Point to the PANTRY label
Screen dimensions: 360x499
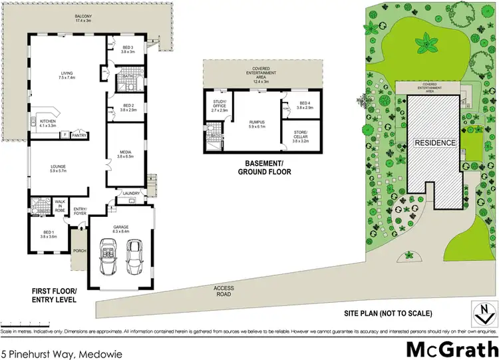click(81, 135)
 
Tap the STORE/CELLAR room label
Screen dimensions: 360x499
click(301, 138)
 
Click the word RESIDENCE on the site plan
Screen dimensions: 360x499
click(436, 143)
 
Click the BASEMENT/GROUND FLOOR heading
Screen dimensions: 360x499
click(265, 168)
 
